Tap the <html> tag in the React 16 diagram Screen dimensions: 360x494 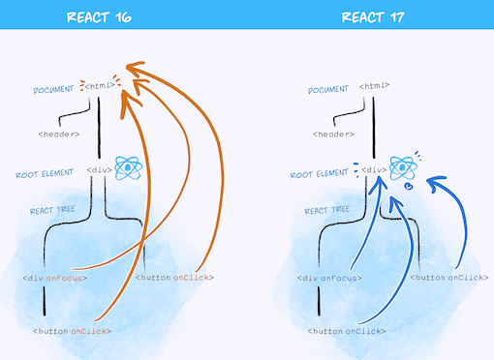click(102, 86)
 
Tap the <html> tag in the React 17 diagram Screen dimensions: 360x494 click(375, 86)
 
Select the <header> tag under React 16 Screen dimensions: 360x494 click(59, 134)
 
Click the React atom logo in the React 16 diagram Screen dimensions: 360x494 click(130, 167)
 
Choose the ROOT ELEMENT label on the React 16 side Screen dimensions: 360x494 click(49, 175)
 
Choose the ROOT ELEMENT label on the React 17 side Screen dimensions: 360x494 click(323, 175)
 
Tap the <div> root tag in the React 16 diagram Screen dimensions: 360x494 click(100, 169)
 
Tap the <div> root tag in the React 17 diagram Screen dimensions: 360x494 click(374, 169)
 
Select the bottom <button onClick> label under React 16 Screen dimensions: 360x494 click(72, 331)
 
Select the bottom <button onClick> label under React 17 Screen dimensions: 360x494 click(345, 331)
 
